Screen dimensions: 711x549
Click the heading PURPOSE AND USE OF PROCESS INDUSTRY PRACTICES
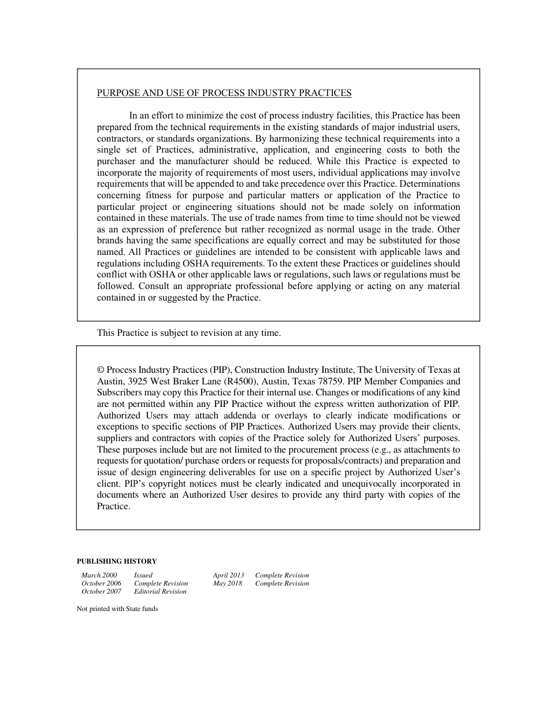[x=224, y=93]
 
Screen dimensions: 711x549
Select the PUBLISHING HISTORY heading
[x=117, y=561]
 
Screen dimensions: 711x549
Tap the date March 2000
[x=99, y=576]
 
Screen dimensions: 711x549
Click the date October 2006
[x=101, y=584]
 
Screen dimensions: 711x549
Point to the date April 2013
[x=228, y=576]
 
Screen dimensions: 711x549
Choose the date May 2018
[x=228, y=584]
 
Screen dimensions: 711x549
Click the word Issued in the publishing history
[x=143, y=576]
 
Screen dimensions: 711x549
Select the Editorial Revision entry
[x=160, y=592]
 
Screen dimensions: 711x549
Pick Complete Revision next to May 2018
[x=282, y=584]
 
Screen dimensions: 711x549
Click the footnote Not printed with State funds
[x=117, y=609]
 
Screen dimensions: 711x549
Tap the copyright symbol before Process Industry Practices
[x=101, y=370]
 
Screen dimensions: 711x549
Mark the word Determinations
[x=431, y=184]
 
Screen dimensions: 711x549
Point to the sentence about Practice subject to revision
[x=188, y=333]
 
